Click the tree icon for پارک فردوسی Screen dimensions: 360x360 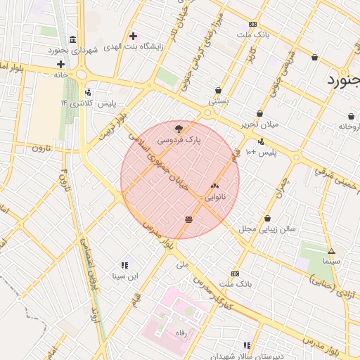pos(179,128)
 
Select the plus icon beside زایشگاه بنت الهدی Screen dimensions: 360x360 pos(133,36)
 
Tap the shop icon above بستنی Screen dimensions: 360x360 pos(218,90)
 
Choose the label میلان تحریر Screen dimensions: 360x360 pos(260,124)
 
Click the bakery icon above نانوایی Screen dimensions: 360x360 pos(214,186)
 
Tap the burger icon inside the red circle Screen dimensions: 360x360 pos(188,220)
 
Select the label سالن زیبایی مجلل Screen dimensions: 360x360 pos(268,229)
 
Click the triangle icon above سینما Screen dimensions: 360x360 pos(331,251)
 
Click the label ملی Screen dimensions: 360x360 pos(184,265)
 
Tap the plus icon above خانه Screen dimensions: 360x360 pos(61,64)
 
